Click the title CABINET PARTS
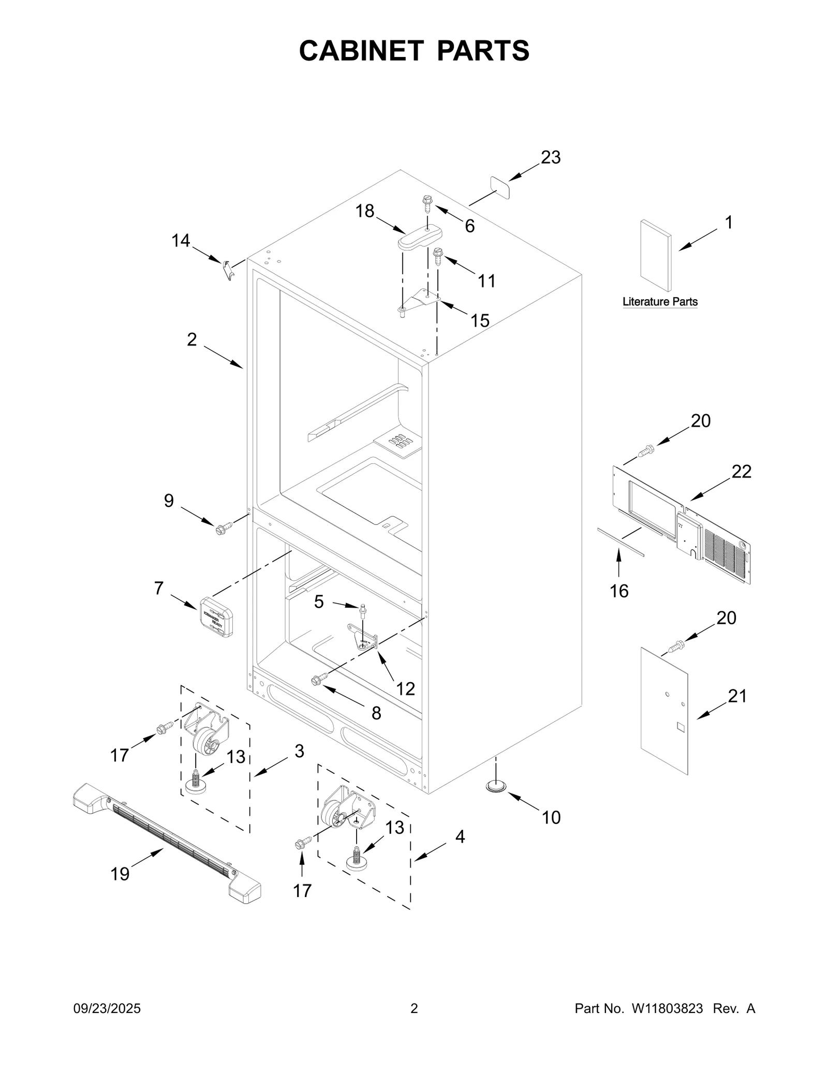tap(414, 51)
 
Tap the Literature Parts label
tap(660, 301)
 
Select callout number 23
tap(551, 157)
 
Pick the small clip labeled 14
tap(227, 270)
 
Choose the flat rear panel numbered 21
tap(664, 710)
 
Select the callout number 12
tap(405, 688)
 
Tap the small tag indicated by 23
tap(500, 186)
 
